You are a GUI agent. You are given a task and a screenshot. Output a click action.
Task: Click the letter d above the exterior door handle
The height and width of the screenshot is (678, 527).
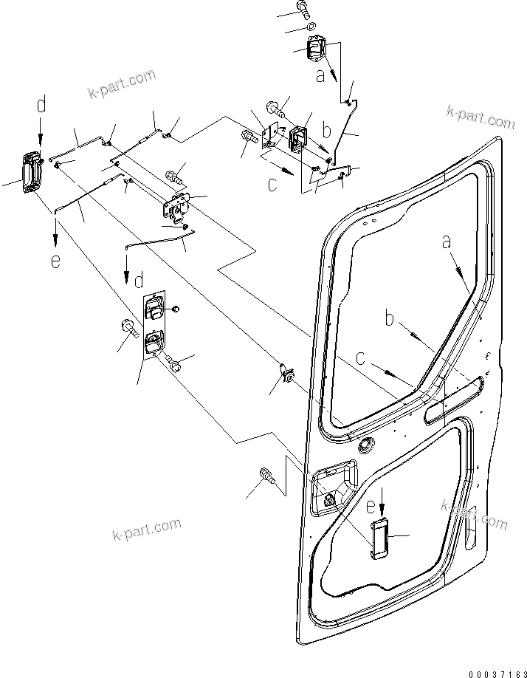pyautogui.click(x=41, y=106)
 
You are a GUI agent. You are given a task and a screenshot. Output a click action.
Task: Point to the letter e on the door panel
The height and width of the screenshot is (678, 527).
pyautogui.click(x=370, y=507)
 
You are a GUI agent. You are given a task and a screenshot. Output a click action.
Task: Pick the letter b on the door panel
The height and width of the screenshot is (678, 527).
pyautogui.click(x=390, y=319)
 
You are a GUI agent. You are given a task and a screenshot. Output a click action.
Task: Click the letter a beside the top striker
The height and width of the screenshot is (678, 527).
pyautogui.click(x=320, y=74)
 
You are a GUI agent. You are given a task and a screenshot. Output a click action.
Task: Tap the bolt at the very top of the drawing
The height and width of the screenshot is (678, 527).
pyautogui.click(x=301, y=9)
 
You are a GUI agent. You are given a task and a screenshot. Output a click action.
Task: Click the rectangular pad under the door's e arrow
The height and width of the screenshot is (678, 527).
pyautogui.click(x=380, y=537)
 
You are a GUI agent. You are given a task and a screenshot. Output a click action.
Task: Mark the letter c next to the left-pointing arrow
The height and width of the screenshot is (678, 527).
pyautogui.click(x=273, y=185)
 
